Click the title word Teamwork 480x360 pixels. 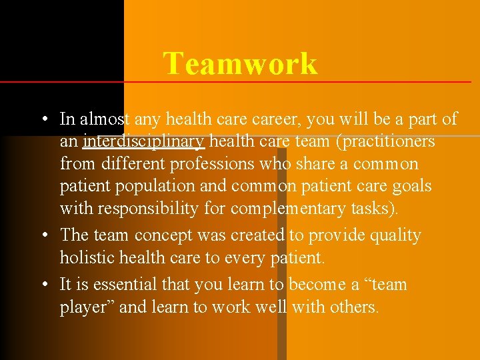pyautogui.click(x=240, y=64)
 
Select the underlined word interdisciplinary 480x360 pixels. pyautogui.click(x=143, y=141)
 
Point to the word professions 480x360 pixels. pyautogui.click(x=212, y=164)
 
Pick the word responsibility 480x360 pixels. pyautogui.click(x=146, y=209)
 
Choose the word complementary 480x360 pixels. pyautogui.click(x=288, y=209)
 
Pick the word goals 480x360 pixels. pyautogui.click(x=411, y=186)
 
